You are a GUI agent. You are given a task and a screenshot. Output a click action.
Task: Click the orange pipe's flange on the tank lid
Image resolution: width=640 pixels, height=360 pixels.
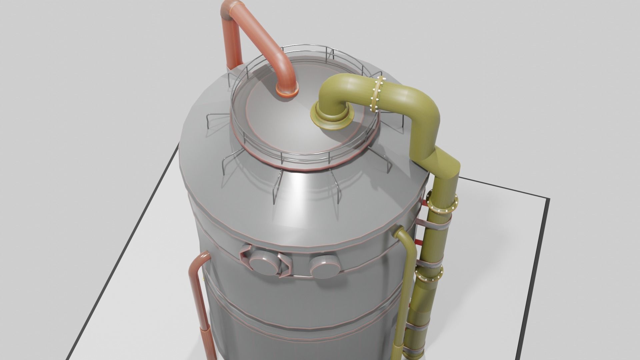click(287, 92)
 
